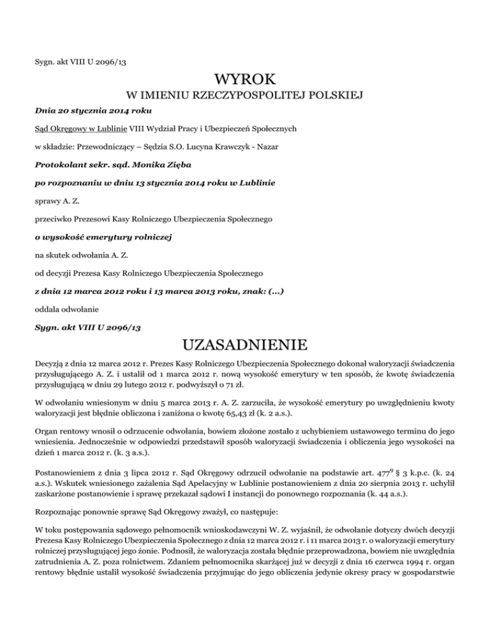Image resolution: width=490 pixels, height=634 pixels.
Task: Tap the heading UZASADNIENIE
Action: pyautogui.click(x=245, y=346)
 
